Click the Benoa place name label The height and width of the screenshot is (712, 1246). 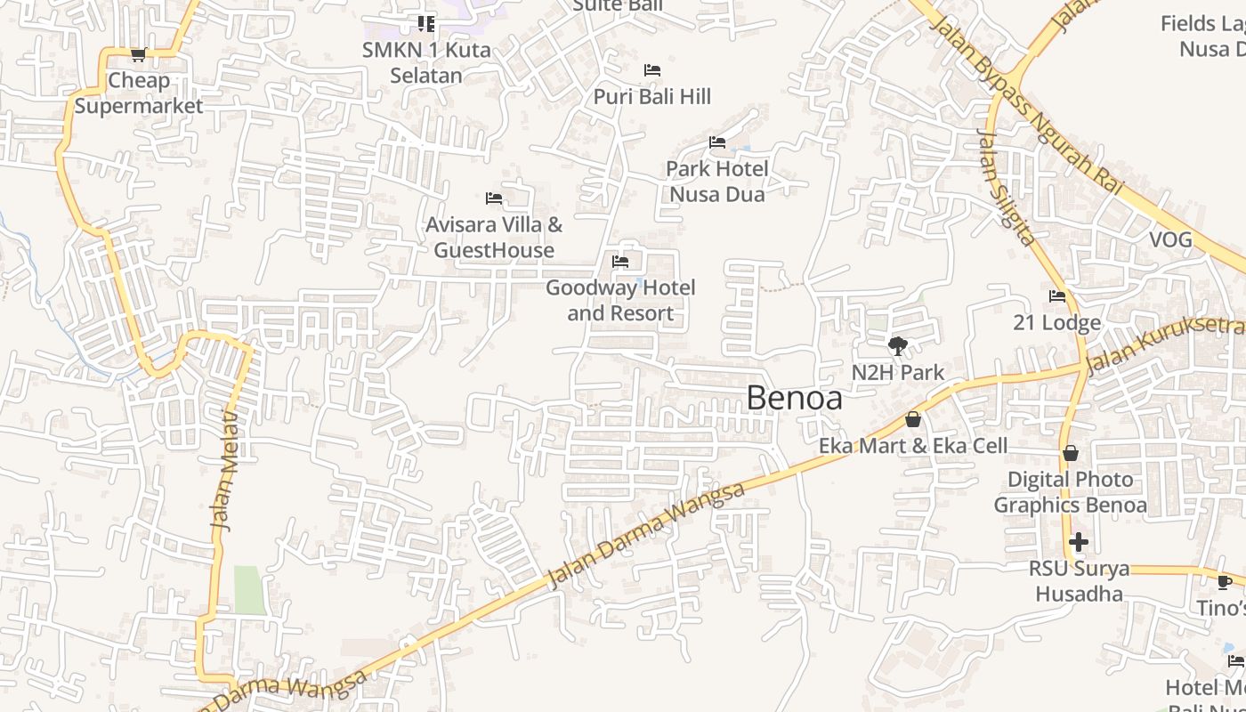tap(794, 398)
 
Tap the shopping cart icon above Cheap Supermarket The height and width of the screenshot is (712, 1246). tap(138, 55)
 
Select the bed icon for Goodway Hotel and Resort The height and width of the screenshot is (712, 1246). tap(620, 262)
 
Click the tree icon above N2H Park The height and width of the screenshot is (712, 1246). tap(898, 346)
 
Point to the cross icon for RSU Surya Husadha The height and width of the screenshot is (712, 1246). tap(1079, 541)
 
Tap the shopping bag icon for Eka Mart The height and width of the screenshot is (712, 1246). tap(913, 419)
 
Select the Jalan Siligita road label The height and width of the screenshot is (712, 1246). tap(1007, 188)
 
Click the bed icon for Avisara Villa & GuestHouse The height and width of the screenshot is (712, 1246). tap(494, 198)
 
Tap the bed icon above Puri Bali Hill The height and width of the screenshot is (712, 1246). tap(652, 70)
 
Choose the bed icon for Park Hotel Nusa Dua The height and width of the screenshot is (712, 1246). tap(717, 142)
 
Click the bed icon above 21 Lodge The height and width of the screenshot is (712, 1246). tap(1057, 296)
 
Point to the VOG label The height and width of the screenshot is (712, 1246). tap(1170, 240)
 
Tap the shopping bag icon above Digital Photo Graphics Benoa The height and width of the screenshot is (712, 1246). tap(1070, 454)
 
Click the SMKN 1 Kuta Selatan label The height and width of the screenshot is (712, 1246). tap(426, 62)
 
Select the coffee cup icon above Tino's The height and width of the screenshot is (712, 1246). tap(1225, 582)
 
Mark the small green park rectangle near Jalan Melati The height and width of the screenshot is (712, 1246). tap(249, 589)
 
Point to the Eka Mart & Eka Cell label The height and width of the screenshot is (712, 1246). tap(913, 446)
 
